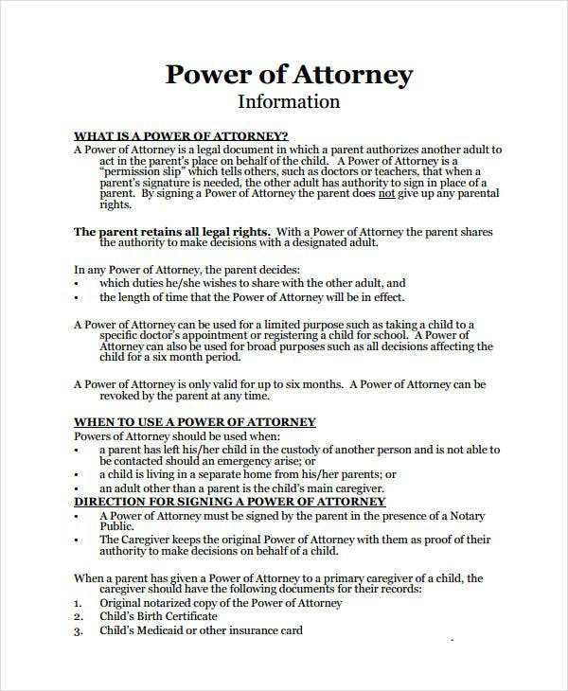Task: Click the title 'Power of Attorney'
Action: point(289,74)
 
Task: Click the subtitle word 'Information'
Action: point(289,101)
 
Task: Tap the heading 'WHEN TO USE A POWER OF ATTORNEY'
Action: point(195,421)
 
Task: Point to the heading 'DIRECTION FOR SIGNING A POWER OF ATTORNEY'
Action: point(230,501)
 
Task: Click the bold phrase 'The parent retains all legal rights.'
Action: point(172,232)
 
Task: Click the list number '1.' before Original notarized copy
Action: point(79,603)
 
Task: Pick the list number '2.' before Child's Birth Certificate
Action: point(79,617)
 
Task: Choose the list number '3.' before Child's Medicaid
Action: point(79,631)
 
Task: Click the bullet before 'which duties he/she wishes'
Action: point(77,283)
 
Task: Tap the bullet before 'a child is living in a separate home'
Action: point(77,474)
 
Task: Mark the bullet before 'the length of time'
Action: point(77,297)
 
